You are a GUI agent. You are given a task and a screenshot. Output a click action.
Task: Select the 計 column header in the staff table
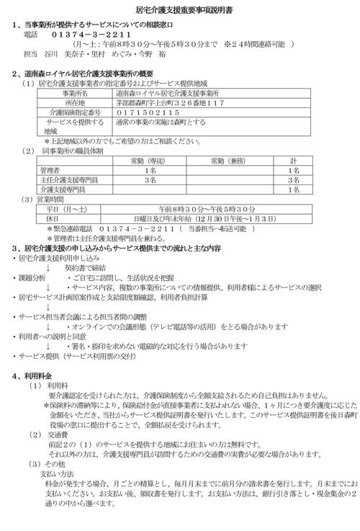[293, 161]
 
